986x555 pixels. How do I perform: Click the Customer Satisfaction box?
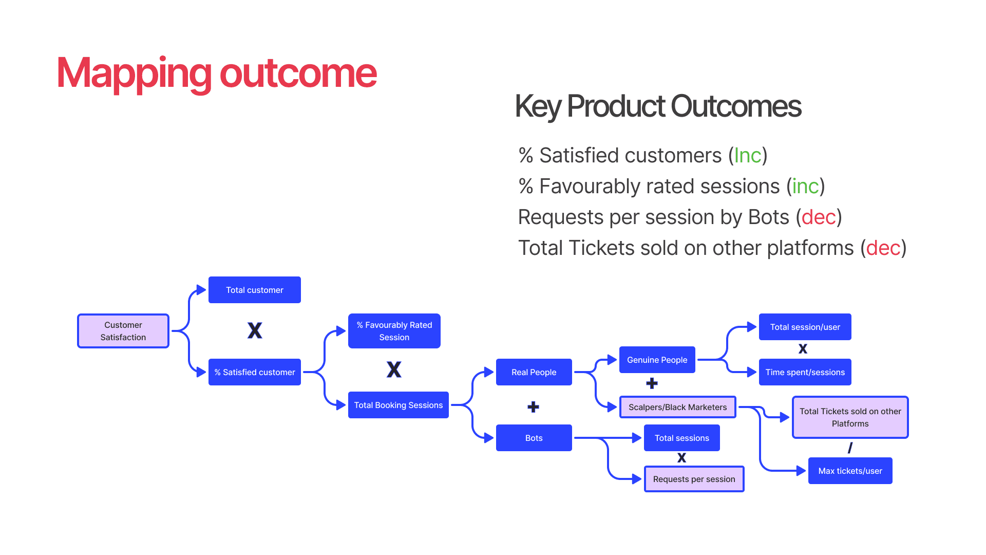coord(123,331)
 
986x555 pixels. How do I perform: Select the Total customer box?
coord(255,290)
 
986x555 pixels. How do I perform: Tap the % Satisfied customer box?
coord(255,372)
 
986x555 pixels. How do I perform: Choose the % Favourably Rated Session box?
coord(394,331)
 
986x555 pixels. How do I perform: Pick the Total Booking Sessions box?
coord(399,405)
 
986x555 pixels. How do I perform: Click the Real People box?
coord(534,372)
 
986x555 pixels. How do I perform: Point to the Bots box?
coord(534,438)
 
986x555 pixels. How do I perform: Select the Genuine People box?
coord(657,360)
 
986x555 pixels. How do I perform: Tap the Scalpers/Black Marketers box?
coord(678,407)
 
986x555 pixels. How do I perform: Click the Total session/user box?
coord(805,327)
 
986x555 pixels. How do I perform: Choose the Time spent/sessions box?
coord(805,372)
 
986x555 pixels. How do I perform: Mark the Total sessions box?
coord(682,438)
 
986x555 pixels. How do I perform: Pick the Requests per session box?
coord(694,479)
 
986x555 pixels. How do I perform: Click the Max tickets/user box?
coord(850,471)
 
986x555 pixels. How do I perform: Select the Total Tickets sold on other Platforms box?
coord(850,417)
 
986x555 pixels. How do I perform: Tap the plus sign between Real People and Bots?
coord(534,407)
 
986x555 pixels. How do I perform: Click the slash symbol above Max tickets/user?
coord(850,448)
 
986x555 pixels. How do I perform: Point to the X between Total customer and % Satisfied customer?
coord(255,330)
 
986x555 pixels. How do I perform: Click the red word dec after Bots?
coord(819,217)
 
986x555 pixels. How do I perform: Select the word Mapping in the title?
coord(134,73)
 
